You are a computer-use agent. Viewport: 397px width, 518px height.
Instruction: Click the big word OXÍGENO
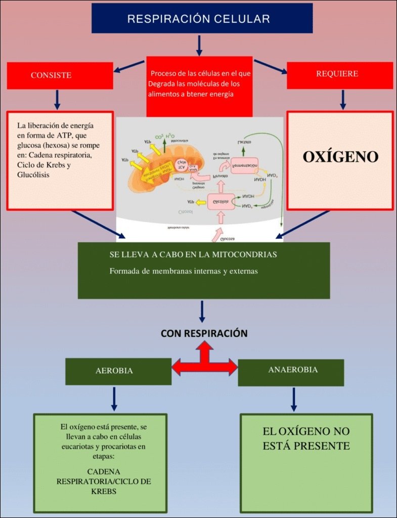(x=340, y=157)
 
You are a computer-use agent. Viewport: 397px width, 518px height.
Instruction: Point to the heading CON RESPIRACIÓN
(x=204, y=333)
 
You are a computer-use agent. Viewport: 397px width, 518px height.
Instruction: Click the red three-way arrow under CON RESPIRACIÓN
(x=204, y=361)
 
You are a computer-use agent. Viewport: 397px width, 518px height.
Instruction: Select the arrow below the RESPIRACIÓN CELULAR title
(x=199, y=45)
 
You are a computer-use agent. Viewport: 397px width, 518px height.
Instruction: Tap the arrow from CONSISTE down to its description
(x=57, y=100)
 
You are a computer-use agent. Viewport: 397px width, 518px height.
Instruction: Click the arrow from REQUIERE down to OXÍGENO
(x=343, y=100)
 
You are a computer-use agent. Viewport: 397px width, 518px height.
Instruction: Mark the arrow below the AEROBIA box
(x=114, y=399)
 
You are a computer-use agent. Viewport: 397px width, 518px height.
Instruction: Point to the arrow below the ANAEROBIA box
(x=293, y=399)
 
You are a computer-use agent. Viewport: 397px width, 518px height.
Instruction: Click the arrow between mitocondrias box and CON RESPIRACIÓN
(x=202, y=311)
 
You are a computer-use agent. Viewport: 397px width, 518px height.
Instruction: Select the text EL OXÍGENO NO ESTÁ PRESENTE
(x=306, y=439)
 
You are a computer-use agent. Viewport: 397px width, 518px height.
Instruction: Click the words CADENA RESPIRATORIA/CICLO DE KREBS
(x=104, y=482)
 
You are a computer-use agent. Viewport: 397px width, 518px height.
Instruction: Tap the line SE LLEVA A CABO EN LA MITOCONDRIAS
(x=193, y=254)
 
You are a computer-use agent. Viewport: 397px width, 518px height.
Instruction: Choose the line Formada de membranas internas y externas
(x=184, y=271)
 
